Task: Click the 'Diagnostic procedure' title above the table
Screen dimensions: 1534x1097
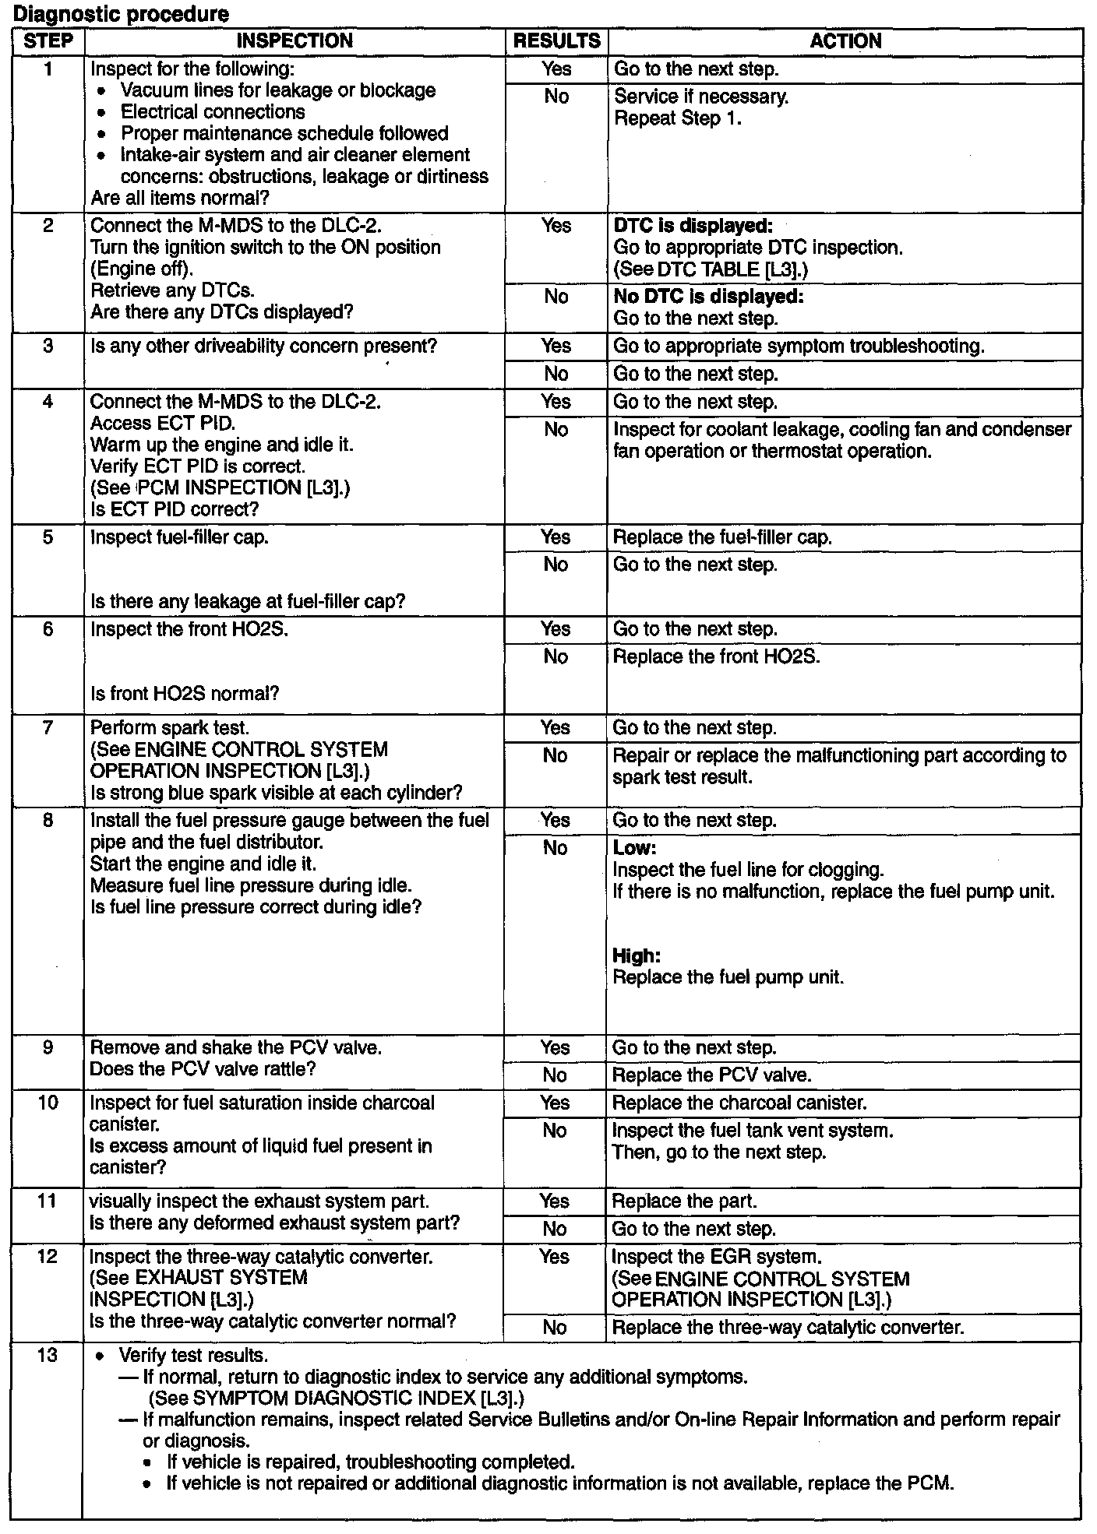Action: click(x=122, y=14)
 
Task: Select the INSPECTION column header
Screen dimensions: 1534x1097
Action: click(x=295, y=41)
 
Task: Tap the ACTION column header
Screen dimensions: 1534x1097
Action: click(x=845, y=41)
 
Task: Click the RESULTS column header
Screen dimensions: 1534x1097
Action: click(x=556, y=41)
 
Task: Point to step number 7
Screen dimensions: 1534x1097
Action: click(x=48, y=728)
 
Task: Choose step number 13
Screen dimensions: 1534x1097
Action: click(x=48, y=1355)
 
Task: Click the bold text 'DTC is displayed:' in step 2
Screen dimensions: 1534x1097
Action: click(x=693, y=226)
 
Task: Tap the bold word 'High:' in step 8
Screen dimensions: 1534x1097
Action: click(x=637, y=955)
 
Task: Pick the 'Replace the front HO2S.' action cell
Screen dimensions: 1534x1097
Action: click(x=716, y=656)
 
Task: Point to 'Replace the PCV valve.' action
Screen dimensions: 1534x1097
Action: click(x=711, y=1075)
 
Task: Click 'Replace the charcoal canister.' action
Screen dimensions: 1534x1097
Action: click(x=739, y=1103)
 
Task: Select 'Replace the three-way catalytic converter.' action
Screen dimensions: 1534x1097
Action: click(x=788, y=1327)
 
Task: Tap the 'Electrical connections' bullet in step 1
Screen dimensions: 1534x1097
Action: click(x=213, y=112)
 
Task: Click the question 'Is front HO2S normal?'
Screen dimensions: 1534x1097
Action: click(x=185, y=693)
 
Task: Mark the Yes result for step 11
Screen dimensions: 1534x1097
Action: click(x=554, y=1202)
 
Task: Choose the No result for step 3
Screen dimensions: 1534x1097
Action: click(x=556, y=374)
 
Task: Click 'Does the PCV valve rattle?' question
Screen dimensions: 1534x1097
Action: click(x=203, y=1069)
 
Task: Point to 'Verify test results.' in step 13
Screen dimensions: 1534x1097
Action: click(x=193, y=1356)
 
